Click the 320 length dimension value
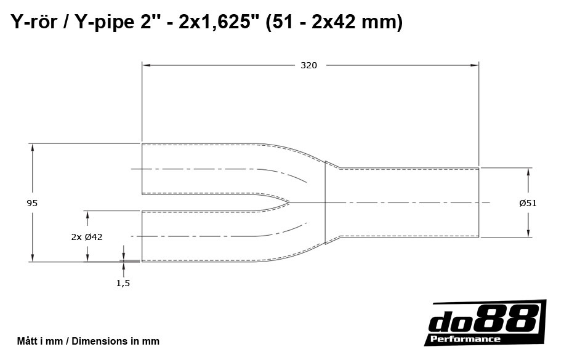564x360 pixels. [x=308, y=65]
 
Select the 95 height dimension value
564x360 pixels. [x=33, y=202]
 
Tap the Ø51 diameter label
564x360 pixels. [x=528, y=202]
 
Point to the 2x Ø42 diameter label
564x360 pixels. [x=87, y=237]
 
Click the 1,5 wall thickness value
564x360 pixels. [x=123, y=282]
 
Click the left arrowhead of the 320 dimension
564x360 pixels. [x=145, y=64]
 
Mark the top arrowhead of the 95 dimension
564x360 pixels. [x=32, y=146]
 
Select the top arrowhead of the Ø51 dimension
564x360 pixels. [x=528, y=170]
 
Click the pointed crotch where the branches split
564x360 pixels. [x=288, y=202]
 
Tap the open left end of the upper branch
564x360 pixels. [x=142, y=169]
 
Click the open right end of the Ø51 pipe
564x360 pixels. [x=479, y=202]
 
